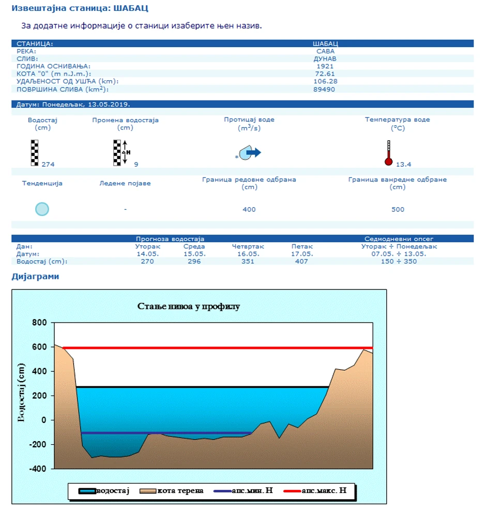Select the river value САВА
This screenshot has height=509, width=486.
[325, 51]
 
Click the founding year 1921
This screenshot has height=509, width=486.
[325, 66]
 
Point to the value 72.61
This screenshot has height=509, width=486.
[325, 74]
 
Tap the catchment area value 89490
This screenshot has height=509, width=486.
[325, 89]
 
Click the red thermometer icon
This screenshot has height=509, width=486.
[388, 153]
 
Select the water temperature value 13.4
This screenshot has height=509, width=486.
[403, 165]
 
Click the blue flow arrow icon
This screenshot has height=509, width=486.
[252, 152]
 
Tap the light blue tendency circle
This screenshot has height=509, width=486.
[42, 209]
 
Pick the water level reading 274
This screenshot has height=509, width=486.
[48, 165]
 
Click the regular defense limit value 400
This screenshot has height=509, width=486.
[249, 210]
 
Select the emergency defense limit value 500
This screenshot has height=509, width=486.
[398, 210]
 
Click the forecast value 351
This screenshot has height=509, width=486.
[248, 261]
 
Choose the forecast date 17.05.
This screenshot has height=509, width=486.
[302, 254]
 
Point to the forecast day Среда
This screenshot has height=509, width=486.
[194, 246]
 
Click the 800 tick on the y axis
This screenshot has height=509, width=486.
[39, 323]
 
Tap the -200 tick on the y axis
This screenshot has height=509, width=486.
[37, 444]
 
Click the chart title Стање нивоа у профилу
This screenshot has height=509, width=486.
[189, 306]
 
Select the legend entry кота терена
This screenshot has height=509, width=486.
[180, 490]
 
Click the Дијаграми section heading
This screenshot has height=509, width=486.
[35, 277]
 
